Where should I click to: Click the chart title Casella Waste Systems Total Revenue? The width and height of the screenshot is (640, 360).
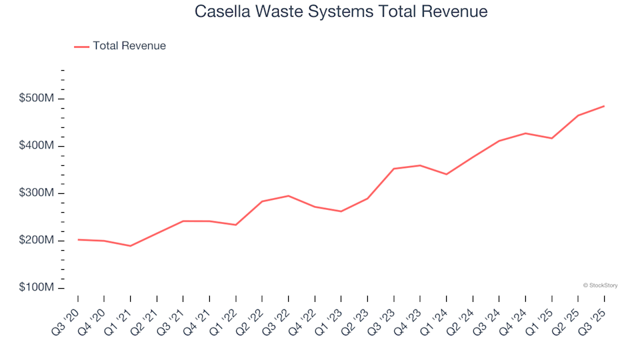341,11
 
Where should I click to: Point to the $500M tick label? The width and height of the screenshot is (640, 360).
37,99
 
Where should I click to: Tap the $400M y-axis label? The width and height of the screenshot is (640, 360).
37,146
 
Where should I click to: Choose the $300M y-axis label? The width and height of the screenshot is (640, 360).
37,193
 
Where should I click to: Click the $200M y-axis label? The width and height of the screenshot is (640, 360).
37,241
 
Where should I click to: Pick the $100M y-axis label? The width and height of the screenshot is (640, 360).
37,288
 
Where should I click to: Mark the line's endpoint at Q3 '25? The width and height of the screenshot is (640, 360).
604,106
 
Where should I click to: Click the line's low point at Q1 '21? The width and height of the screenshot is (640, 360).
131,246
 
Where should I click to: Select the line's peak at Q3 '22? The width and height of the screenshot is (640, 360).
288,196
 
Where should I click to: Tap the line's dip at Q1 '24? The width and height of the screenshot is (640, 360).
446,174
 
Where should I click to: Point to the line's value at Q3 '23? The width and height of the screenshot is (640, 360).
393,169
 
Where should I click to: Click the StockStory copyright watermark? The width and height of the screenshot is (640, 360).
600,285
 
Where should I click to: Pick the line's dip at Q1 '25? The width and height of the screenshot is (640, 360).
551,138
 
